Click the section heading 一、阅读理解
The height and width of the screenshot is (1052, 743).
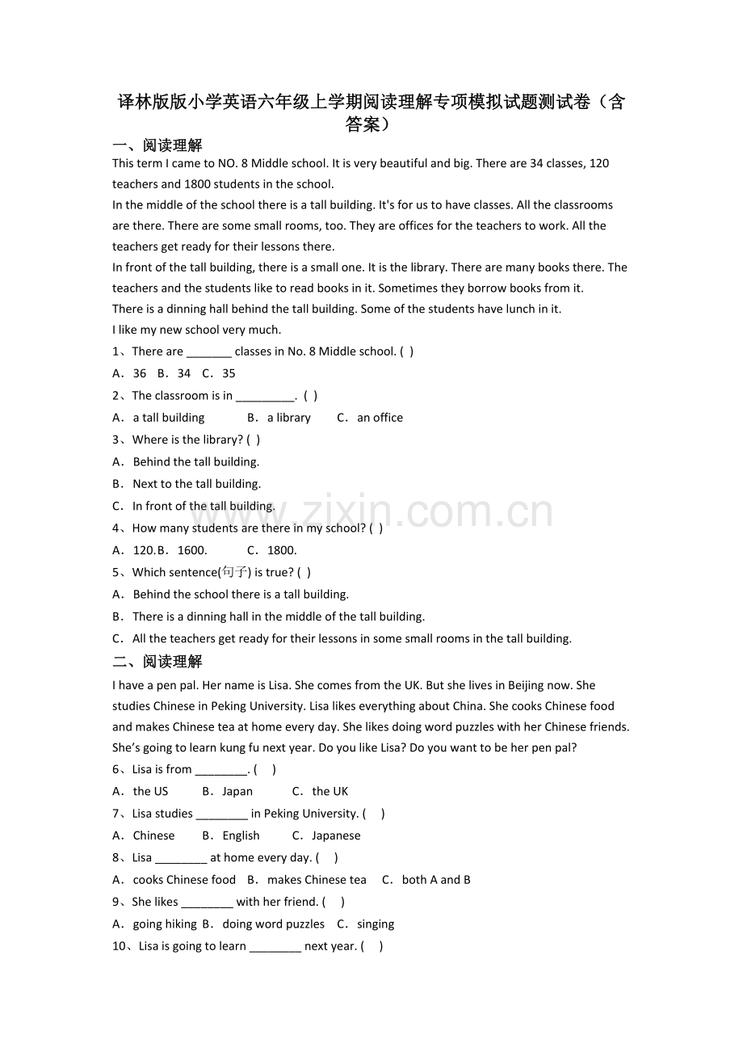[x=157, y=145]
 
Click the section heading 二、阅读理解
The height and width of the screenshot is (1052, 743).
[x=157, y=662]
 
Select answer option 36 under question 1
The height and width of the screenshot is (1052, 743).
[x=140, y=373]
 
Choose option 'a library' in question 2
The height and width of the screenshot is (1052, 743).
[x=288, y=418]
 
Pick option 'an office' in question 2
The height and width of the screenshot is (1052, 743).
[x=380, y=418]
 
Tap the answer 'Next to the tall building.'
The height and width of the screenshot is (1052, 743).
[x=196, y=484]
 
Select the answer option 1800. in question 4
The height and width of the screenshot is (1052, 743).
[x=282, y=550]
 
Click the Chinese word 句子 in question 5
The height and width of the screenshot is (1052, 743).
[x=235, y=572]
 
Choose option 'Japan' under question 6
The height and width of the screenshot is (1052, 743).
[x=237, y=791]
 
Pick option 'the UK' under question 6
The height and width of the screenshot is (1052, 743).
[x=330, y=791]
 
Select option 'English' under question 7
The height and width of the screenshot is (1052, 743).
[x=241, y=835]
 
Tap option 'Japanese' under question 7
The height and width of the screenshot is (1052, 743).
[x=336, y=835]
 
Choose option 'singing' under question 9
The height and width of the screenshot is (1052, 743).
[x=376, y=924]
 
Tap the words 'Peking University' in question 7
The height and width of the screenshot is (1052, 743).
[x=311, y=814]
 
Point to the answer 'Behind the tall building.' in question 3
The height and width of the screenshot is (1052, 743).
[x=196, y=462]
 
